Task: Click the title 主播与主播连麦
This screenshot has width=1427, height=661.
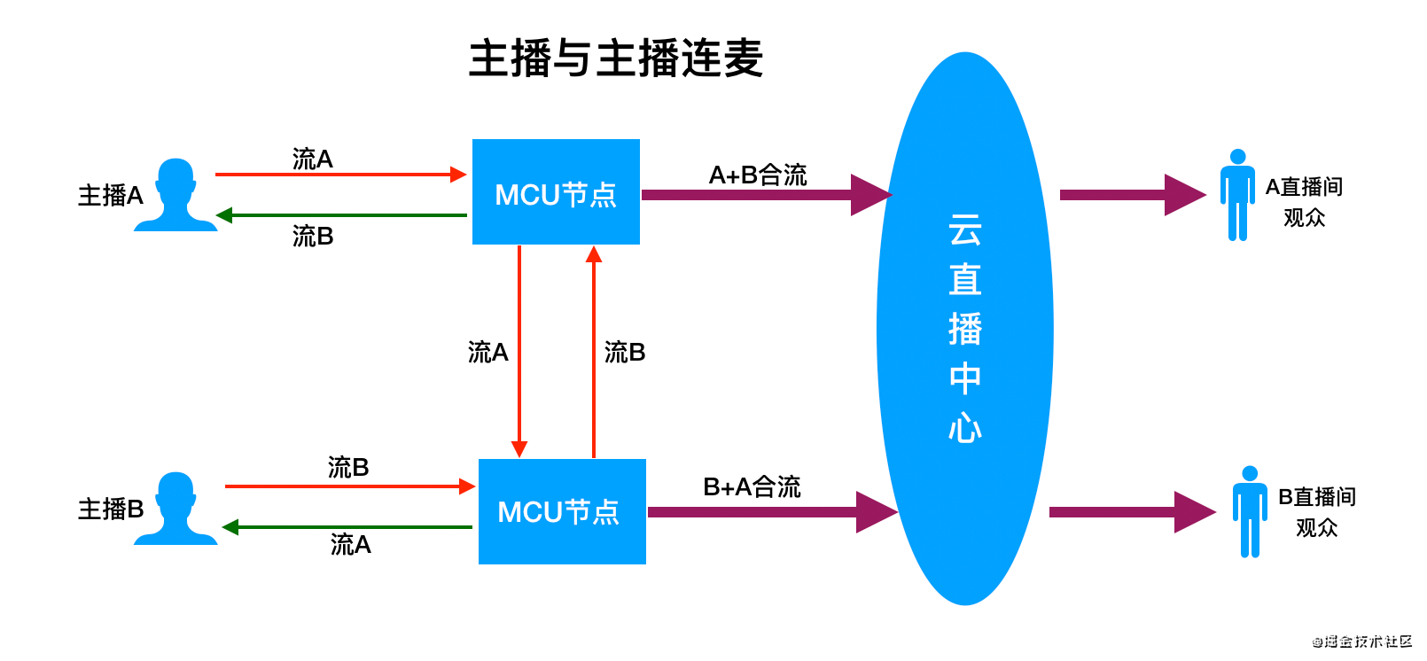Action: pyautogui.click(x=615, y=58)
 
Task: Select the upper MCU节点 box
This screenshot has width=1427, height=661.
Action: pyautogui.click(x=556, y=192)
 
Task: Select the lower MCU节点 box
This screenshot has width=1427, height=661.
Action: pyautogui.click(x=562, y=511)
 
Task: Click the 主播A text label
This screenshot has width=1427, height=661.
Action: pyautogui.click(x=110, y=195)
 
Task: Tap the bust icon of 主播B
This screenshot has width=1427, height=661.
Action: pyautogui.click(x=175, y=509)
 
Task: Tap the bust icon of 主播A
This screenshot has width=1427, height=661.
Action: pyautogui.click(x=175, y=195)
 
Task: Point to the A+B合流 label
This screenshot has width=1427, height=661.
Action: pyautogui.click(x=757, y=175)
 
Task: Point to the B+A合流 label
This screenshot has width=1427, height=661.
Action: pyautogui.click(x=752, y=486)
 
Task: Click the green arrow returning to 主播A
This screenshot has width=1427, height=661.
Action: pyautogui.click(x=341, y=215)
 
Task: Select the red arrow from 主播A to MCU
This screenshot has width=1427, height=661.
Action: pyautogui.click(x=341, y=175)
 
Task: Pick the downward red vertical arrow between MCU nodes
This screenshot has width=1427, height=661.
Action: pyautogui.click(x=519, y=351)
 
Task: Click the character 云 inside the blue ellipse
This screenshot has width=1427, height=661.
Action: pyautogui.click(x=964, y=230)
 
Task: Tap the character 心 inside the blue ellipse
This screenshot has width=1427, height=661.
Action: pyautogui.click(x=964, y=428)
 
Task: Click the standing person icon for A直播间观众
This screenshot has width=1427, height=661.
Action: pyautogui.click(x=1237, y=195)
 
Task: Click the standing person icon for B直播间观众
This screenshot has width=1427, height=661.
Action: pyautogui.click(x=1250, y=511)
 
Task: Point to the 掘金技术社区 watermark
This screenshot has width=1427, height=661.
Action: pyautogui.click(x=1361, y=641)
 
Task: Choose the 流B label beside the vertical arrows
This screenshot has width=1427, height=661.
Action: pyautogui.click(x=625, y=352)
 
